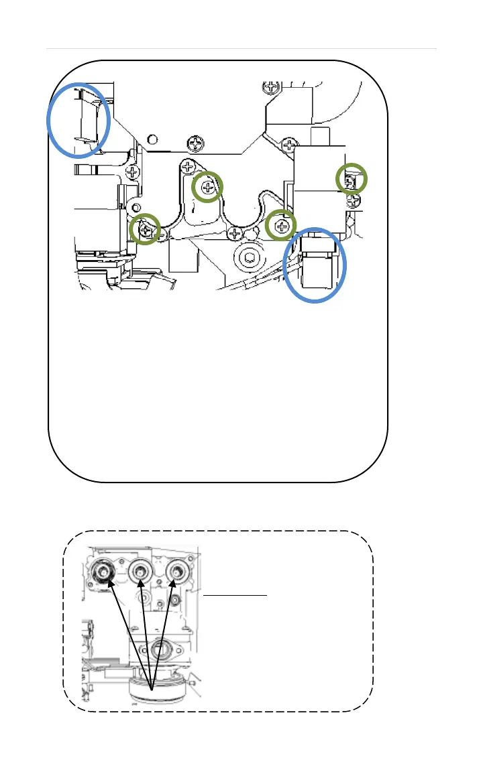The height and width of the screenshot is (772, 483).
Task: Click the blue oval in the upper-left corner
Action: [78, 120]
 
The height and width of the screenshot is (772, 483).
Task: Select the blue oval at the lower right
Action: [315, 265]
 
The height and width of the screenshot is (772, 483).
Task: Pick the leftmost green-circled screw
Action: [146, 230]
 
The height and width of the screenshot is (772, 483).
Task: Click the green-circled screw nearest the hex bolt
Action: [281, 226]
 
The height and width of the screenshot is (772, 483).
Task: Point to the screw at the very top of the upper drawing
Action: [272, 87]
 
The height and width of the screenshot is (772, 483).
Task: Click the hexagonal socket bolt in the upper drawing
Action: [249, 258]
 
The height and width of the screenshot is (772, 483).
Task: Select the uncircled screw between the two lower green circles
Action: [234, 233]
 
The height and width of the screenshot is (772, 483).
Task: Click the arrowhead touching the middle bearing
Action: [142, 585]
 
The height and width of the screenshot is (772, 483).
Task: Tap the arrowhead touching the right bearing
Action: [176, 585]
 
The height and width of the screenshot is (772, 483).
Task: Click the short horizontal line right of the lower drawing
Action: [235, 594]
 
